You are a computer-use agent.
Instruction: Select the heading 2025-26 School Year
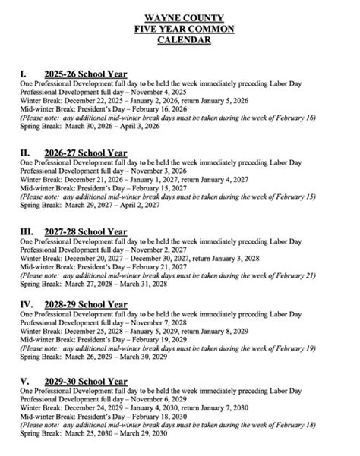click(84, 74)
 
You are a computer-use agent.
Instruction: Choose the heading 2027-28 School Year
click(86, 231)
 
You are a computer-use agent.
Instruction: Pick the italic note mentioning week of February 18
click(168, 427)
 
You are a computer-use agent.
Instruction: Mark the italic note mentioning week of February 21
click(168, 275)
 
